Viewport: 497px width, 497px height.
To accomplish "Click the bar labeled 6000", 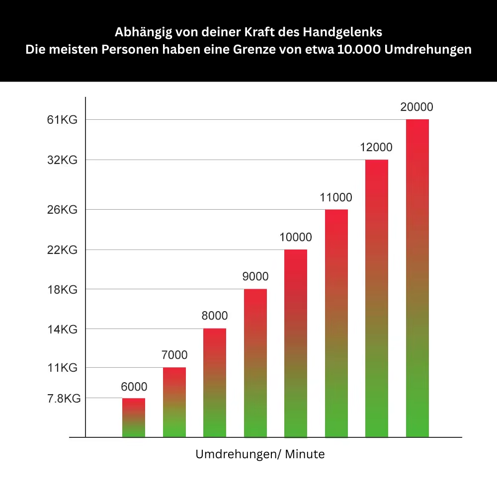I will (x=134, y=417).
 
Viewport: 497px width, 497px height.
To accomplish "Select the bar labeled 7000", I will (x=174, y=403).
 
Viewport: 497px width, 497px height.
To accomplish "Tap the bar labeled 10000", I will (x=296, y=343).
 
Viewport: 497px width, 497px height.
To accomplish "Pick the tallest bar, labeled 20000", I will (x=417, y=278).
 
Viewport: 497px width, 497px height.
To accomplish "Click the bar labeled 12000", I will (x=377, y=298).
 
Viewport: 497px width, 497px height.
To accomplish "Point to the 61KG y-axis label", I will (x=62, y=120).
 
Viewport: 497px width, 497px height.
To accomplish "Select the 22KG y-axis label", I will (x=62, y=250).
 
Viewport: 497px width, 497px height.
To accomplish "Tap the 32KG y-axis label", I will (x=62, y=160).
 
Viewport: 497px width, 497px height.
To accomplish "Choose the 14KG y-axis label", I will (x=62, y=329).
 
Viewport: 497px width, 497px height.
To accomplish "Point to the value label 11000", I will (x=336, y=197).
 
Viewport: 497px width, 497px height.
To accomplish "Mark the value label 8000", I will (x=215, y=316).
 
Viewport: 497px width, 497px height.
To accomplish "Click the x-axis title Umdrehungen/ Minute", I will (x=260, y=454).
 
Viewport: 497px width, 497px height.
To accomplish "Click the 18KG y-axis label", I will (x=62, y=290).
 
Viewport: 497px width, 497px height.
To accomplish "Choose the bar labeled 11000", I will (x=336, y=323).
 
